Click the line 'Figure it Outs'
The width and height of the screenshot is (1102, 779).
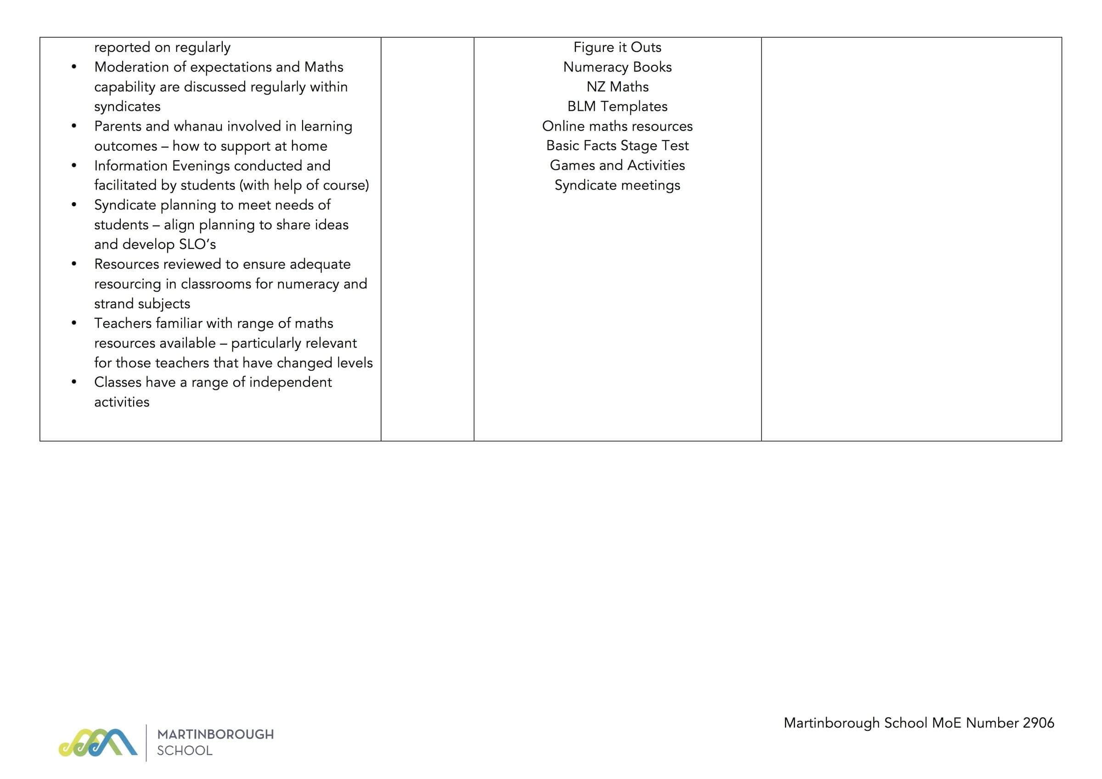pyautogui.click(x=617, y=47)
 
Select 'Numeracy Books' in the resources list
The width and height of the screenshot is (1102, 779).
pyautogui.click(x=617, y=67)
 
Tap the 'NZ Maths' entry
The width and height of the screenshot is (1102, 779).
pyautogui.click(x=617, y=86)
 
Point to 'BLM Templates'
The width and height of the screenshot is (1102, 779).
pyautogui.click(x=617, y=106)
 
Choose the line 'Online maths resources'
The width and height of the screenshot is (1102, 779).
pyautogui.click(x=617, y=126)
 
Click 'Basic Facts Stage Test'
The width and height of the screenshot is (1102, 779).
pyautogui.click(x=617, y=146)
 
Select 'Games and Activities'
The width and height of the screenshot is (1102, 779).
pyautogui.click(x=617, y=165)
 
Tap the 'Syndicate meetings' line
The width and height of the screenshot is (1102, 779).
pyautogui.click(x=617, y=185)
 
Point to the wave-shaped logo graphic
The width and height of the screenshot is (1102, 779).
pyautogui.click(x=98, y=743)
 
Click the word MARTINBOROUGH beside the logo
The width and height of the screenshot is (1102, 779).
pyautogui.click(x=215, y=734)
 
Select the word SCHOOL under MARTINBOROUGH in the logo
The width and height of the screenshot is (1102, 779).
pyautogui.click(x=185, y=751)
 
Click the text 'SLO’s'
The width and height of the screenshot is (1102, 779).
pyautogui.click(x=197, y=244)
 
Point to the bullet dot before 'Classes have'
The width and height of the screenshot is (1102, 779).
pyautogui.click(x=74, y=383)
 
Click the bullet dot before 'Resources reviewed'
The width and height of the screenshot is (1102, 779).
pyautogui.click(x=74, y=264)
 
